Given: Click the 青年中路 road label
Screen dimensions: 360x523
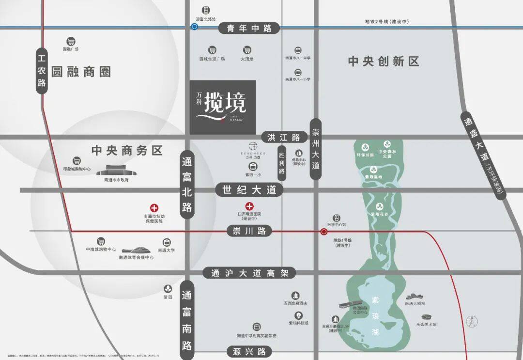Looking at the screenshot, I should point(249,28).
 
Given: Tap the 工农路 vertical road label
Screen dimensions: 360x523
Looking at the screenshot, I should point(42,71).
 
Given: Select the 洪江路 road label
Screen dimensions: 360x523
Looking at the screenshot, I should point(284,137).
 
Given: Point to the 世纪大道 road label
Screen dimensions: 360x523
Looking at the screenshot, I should point(249,190).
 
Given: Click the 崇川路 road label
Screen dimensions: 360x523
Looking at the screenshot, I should point(249,231).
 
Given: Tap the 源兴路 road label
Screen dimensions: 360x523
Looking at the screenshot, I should point(249,351).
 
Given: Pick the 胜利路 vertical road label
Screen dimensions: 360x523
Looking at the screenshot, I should point(282,164).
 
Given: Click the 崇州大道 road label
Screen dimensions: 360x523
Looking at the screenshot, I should point(316,149).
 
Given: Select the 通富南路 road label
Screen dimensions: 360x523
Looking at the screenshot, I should point(187,320).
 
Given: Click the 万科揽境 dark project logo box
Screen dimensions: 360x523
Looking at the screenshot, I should point(222,107).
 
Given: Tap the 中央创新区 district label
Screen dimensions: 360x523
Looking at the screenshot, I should point(384,62).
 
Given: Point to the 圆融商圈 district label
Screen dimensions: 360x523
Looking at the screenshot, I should point(81,72).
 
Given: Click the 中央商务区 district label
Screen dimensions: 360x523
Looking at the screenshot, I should point(127,150).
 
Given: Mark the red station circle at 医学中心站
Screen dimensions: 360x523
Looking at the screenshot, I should point(323,232).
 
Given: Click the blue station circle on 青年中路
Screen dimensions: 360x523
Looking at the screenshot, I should point(194,27).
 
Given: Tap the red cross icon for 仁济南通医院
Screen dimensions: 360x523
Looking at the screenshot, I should point(250,206).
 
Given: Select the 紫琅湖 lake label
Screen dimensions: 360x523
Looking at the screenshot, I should point(375,317).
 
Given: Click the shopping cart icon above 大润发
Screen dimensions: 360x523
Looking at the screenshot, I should point(247,50).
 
